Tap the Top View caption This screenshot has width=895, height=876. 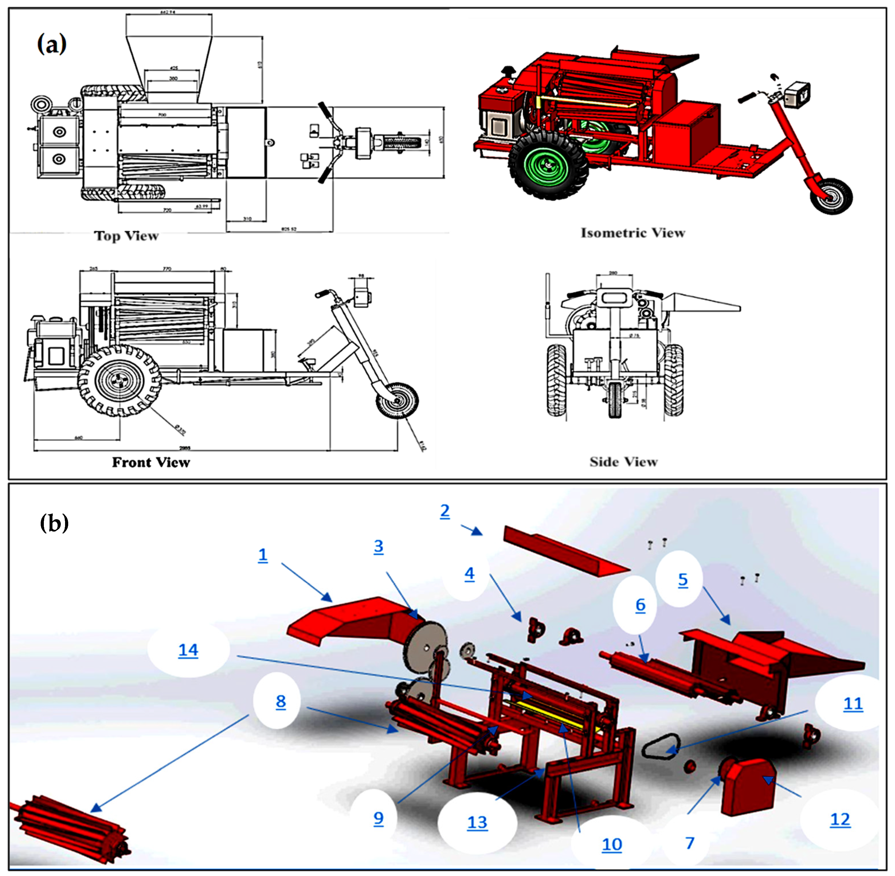127,236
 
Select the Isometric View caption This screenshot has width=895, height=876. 633,233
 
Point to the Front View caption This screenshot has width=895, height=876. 151,462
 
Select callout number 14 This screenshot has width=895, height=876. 188,650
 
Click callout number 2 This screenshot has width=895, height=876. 444,511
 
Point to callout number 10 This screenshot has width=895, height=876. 612,844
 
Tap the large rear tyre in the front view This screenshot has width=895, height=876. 119,381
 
